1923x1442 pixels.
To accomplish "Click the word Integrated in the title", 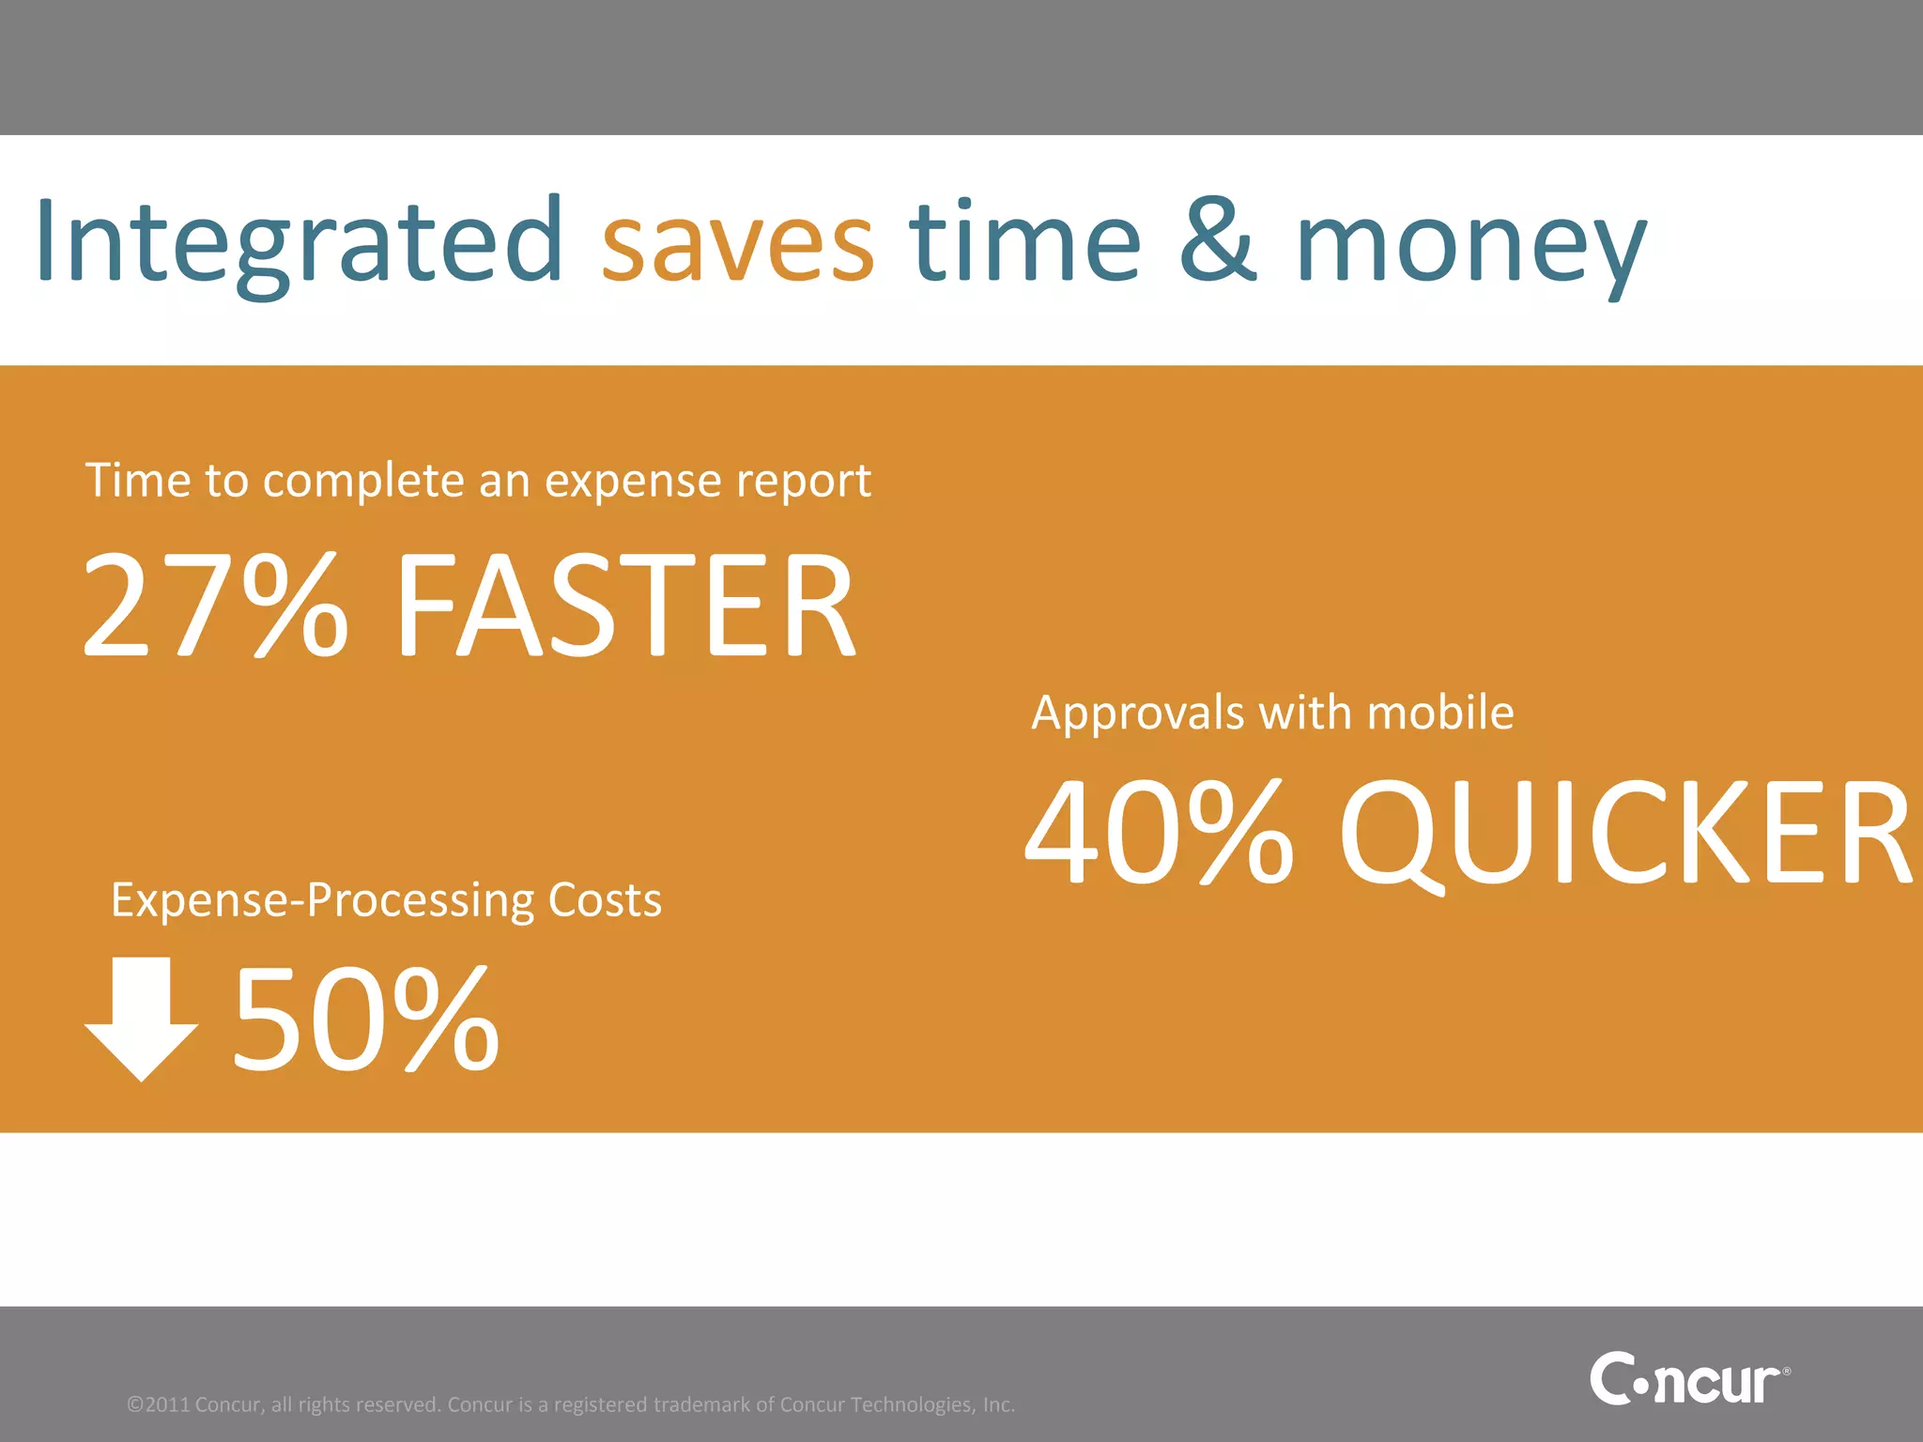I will click(299, 242).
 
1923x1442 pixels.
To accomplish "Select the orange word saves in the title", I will click(737, 246).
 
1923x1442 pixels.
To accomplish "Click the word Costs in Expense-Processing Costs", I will click(605, 900).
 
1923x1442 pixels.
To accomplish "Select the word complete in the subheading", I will click(363, 483).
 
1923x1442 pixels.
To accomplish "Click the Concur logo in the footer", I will click(1687, 1379).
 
